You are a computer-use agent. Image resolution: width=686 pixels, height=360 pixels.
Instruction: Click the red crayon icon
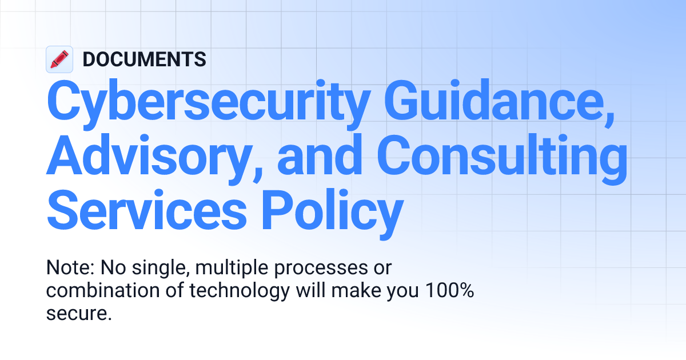pyautogui.click(x=59, y=59)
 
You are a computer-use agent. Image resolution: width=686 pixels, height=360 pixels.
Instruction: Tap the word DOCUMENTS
pyautogui.click(x=145, y=59)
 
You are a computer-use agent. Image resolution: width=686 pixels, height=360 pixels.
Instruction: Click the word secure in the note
pyautogui.click(x=75, y=314)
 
